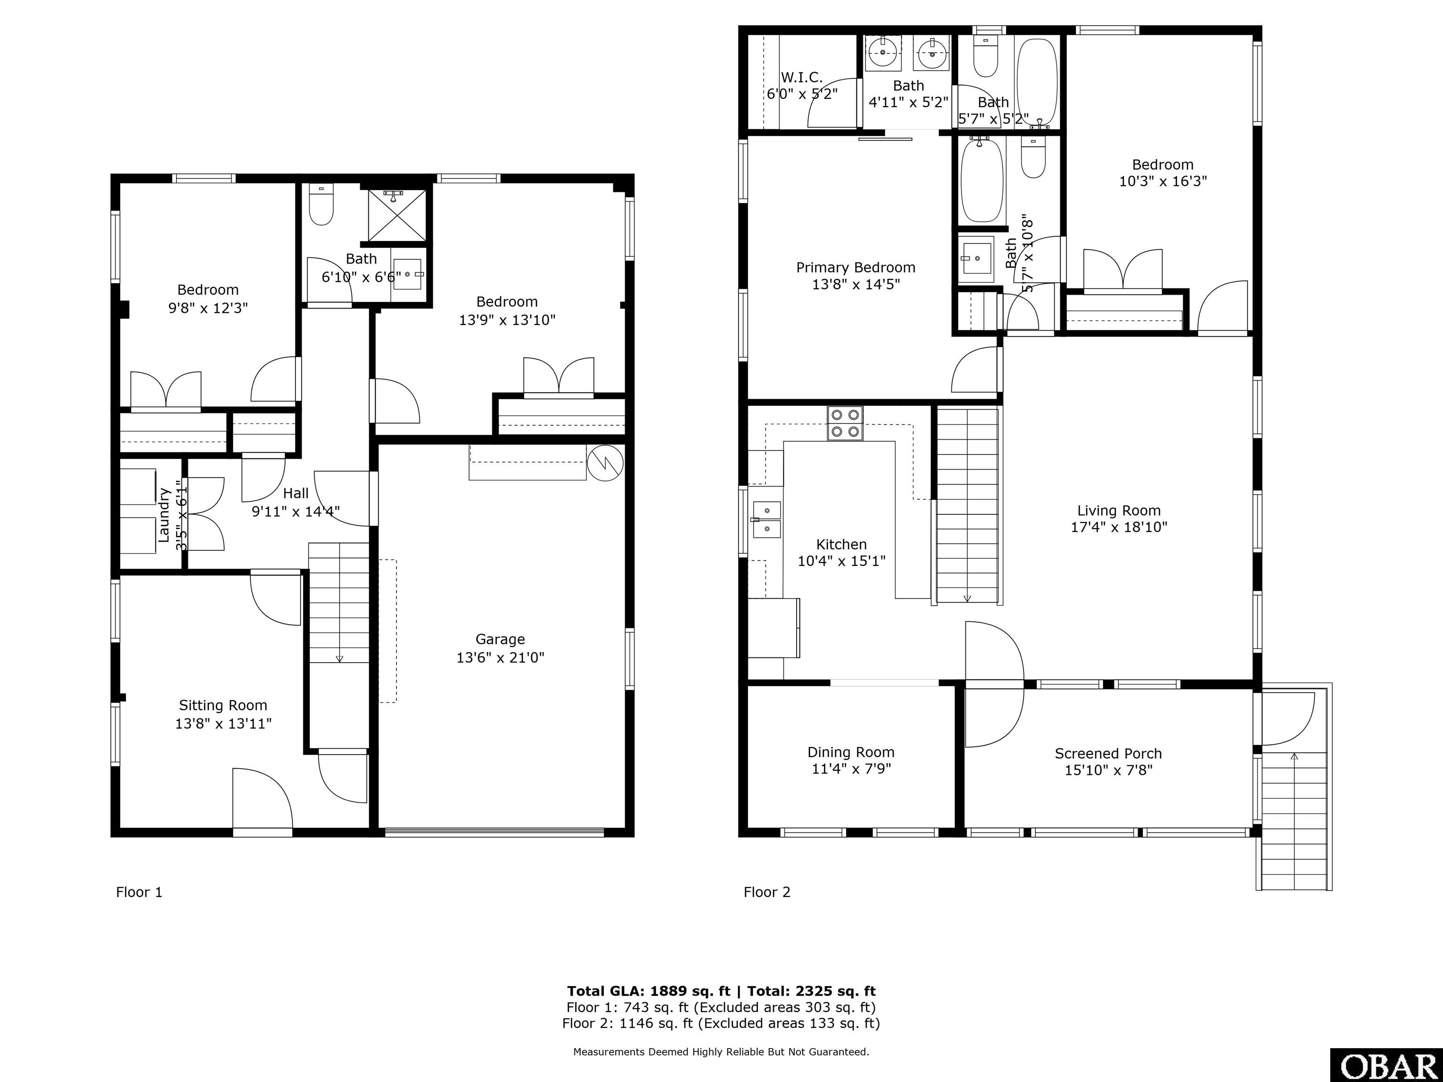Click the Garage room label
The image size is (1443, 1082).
500,639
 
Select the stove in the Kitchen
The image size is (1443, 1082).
845,423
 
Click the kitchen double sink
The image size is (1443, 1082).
767,519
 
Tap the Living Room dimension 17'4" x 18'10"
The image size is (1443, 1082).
1119,527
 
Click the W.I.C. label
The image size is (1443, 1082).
802,77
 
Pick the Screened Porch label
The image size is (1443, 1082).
1109,753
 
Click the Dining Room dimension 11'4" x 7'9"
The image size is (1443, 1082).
851,769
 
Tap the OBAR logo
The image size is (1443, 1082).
1386,1066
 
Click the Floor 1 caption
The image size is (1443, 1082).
139,892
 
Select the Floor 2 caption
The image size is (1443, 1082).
767,892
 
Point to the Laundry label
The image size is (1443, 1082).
164,515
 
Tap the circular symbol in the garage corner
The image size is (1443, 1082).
605,463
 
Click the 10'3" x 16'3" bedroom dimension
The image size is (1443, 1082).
1163,181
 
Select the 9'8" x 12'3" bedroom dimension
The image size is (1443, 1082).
208,308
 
